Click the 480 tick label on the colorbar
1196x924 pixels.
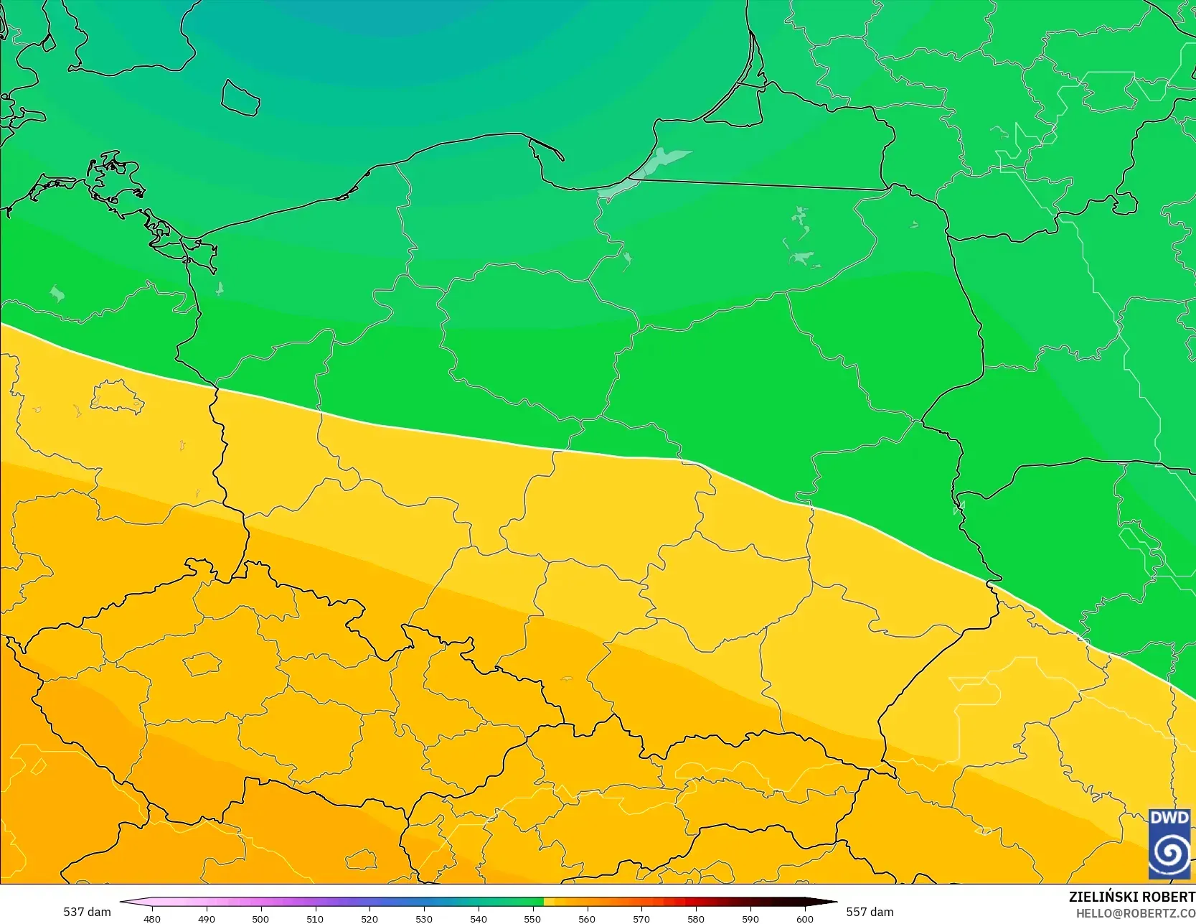tap(152, 918)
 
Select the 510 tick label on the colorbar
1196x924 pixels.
tap(315, 918)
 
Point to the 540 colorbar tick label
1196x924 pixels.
tap(479, 918)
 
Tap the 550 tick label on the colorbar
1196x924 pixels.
tap(532, 918)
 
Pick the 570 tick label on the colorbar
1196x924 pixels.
tap(641, 918)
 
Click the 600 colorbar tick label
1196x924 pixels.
tap(805, 918)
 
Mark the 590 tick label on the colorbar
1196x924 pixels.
tap(750, 918)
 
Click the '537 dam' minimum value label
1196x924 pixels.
tap(87, 912)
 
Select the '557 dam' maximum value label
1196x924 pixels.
tap(870, 912)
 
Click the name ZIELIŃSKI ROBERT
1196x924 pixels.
tap(1131, 897)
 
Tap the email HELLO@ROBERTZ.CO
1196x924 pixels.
tap(1135, 913)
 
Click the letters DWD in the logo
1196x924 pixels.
tap(1169, 818)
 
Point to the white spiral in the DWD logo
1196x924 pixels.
tap(1169, 852)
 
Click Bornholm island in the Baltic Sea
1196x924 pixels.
tap(240, 98)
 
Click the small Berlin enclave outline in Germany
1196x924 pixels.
tap(117, 397)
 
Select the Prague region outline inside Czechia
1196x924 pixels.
tap(202, 664)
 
